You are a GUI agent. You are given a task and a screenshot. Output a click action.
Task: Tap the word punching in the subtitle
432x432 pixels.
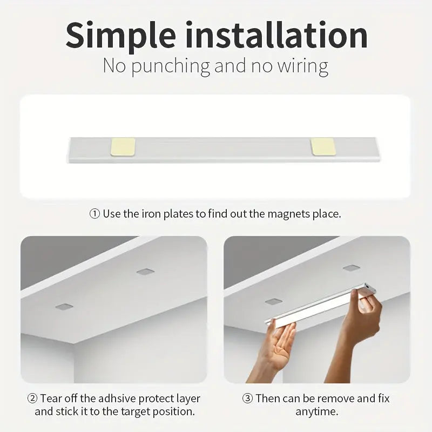click(171, 66)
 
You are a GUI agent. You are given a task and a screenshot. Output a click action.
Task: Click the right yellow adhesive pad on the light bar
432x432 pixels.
click(323, 146)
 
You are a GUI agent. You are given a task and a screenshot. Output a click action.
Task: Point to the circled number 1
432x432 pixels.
click(94, 214)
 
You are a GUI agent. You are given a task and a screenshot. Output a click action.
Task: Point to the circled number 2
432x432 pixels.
click(32, 399)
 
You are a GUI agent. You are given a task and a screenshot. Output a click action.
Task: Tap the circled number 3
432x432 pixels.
click(247, 399)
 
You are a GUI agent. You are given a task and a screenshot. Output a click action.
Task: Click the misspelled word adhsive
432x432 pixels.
click(101, 399)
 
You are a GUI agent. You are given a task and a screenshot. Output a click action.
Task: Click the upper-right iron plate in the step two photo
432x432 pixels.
click(144, 271)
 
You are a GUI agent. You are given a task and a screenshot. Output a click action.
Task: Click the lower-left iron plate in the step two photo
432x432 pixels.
click(64, 306)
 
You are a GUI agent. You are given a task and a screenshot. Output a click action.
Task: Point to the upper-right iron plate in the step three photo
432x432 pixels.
click(352, 268)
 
